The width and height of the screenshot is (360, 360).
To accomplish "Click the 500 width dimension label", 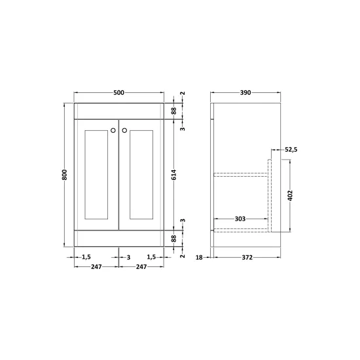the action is pos(118,92).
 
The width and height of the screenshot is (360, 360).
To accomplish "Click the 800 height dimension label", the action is pos(65,175).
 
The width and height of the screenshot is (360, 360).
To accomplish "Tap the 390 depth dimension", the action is pos(245,92).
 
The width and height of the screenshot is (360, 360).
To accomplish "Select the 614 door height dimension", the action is pos(174,175).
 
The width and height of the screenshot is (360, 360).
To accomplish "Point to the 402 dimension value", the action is pos(290,196).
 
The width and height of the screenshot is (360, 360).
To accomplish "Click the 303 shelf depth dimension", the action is pos(240,219).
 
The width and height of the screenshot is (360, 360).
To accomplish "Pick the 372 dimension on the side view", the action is pos(247,258).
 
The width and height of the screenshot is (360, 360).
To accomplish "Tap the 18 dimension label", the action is pos(199,258).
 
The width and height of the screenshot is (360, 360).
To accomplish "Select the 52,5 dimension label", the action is pos(291,150).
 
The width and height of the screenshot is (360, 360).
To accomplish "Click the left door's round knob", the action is pos(113,130).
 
